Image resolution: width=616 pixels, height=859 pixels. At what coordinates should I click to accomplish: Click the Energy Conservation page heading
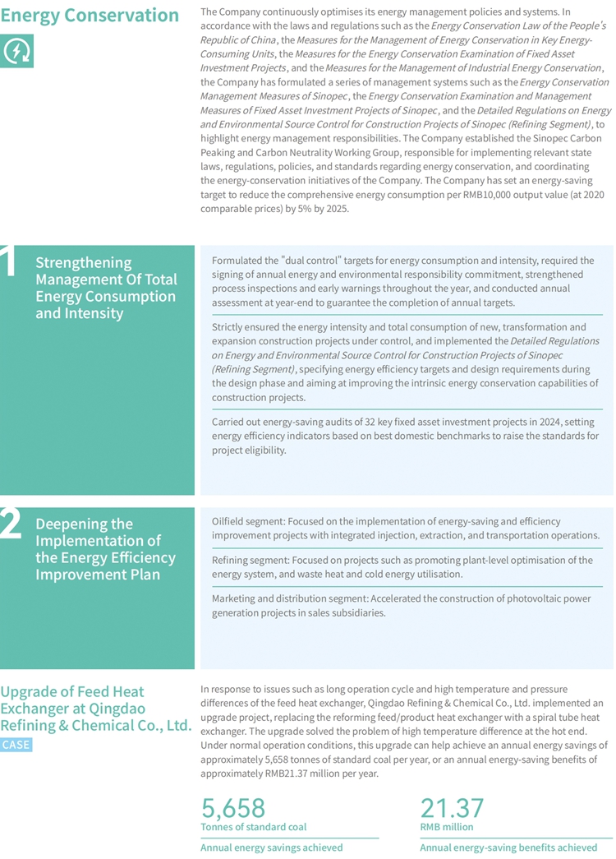90,16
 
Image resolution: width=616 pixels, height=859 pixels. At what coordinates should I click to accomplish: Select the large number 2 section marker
11,524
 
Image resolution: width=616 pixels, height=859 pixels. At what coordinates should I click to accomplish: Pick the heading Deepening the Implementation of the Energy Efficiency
105,549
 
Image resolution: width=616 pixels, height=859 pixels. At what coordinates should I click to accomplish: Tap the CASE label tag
16,745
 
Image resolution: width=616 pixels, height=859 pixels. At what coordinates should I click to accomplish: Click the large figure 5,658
233,807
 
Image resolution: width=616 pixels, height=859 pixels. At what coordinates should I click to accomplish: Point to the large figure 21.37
452,807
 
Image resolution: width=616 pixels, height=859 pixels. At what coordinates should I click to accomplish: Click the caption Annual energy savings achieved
271,847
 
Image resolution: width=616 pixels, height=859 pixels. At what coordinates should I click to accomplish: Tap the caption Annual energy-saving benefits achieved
508,847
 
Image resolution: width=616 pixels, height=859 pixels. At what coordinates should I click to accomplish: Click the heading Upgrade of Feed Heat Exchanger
95,709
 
